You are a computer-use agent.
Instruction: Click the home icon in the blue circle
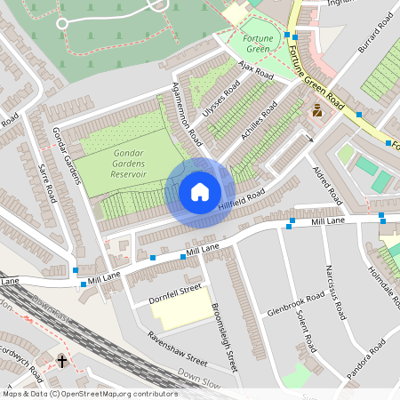tap(199, 192)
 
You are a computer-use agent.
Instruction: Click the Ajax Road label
tap(259, 72)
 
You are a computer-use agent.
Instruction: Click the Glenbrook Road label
tap(294, 305)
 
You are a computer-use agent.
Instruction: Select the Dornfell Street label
tap(175, 293)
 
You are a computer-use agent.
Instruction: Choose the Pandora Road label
tap(366, 358)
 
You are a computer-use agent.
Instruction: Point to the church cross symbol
tap(62, 361)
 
